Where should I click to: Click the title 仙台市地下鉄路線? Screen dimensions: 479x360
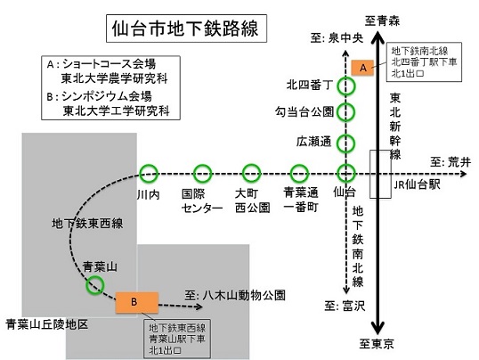[185, 29]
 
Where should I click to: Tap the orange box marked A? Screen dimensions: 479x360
[362, 68]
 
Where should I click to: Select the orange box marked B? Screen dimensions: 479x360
[137, 302]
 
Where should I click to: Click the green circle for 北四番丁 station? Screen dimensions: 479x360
[346, 86]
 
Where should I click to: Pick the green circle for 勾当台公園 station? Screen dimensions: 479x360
[346, 112]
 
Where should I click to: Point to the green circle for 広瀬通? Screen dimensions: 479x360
[346, 143]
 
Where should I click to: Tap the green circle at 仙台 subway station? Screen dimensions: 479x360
[346, 173]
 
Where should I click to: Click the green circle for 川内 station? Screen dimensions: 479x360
[149, 174]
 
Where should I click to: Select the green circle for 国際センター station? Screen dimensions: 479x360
[203, 174]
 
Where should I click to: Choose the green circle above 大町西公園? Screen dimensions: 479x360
[251, 174]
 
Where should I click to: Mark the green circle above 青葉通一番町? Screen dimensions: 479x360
[299, 174]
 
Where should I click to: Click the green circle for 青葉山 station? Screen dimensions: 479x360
[95, 285]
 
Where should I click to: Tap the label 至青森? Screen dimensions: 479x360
[382, 21]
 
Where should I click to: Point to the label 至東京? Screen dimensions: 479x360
[377, 344]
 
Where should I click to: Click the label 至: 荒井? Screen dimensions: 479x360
[451, 162]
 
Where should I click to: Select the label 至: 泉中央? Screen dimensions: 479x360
[337, 38]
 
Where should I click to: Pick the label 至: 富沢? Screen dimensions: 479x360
[345, 306]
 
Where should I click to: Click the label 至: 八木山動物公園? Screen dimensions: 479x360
[235, 296]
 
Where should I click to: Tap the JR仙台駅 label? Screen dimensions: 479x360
[417, 184]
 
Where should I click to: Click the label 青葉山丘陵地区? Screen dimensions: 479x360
[47, 324]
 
